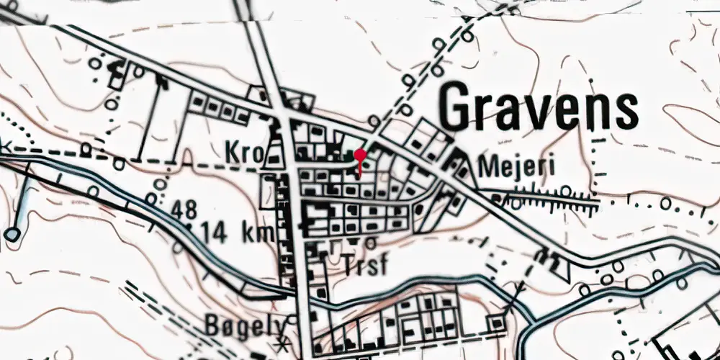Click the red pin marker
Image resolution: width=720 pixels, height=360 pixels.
360,155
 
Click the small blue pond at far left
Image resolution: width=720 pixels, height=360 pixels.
12,234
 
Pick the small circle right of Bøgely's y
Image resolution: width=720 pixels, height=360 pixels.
292,320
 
